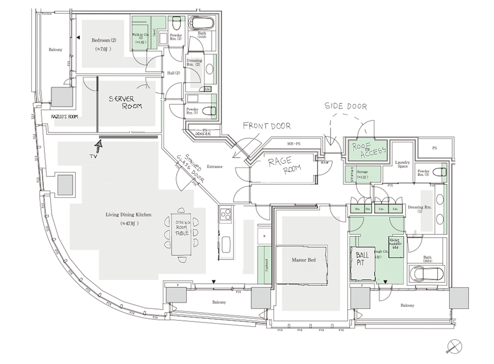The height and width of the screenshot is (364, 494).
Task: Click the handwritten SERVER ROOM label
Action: (125, 102)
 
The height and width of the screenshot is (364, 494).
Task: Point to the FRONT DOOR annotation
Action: (267, 126)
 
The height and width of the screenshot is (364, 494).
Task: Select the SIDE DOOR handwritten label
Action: (346, 106)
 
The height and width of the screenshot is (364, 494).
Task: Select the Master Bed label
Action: (303, 260)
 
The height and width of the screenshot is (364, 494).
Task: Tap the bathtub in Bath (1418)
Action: (202, 23)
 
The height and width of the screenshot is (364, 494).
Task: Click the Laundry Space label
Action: (403, 164)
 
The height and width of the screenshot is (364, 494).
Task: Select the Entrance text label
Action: (214, 167)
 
